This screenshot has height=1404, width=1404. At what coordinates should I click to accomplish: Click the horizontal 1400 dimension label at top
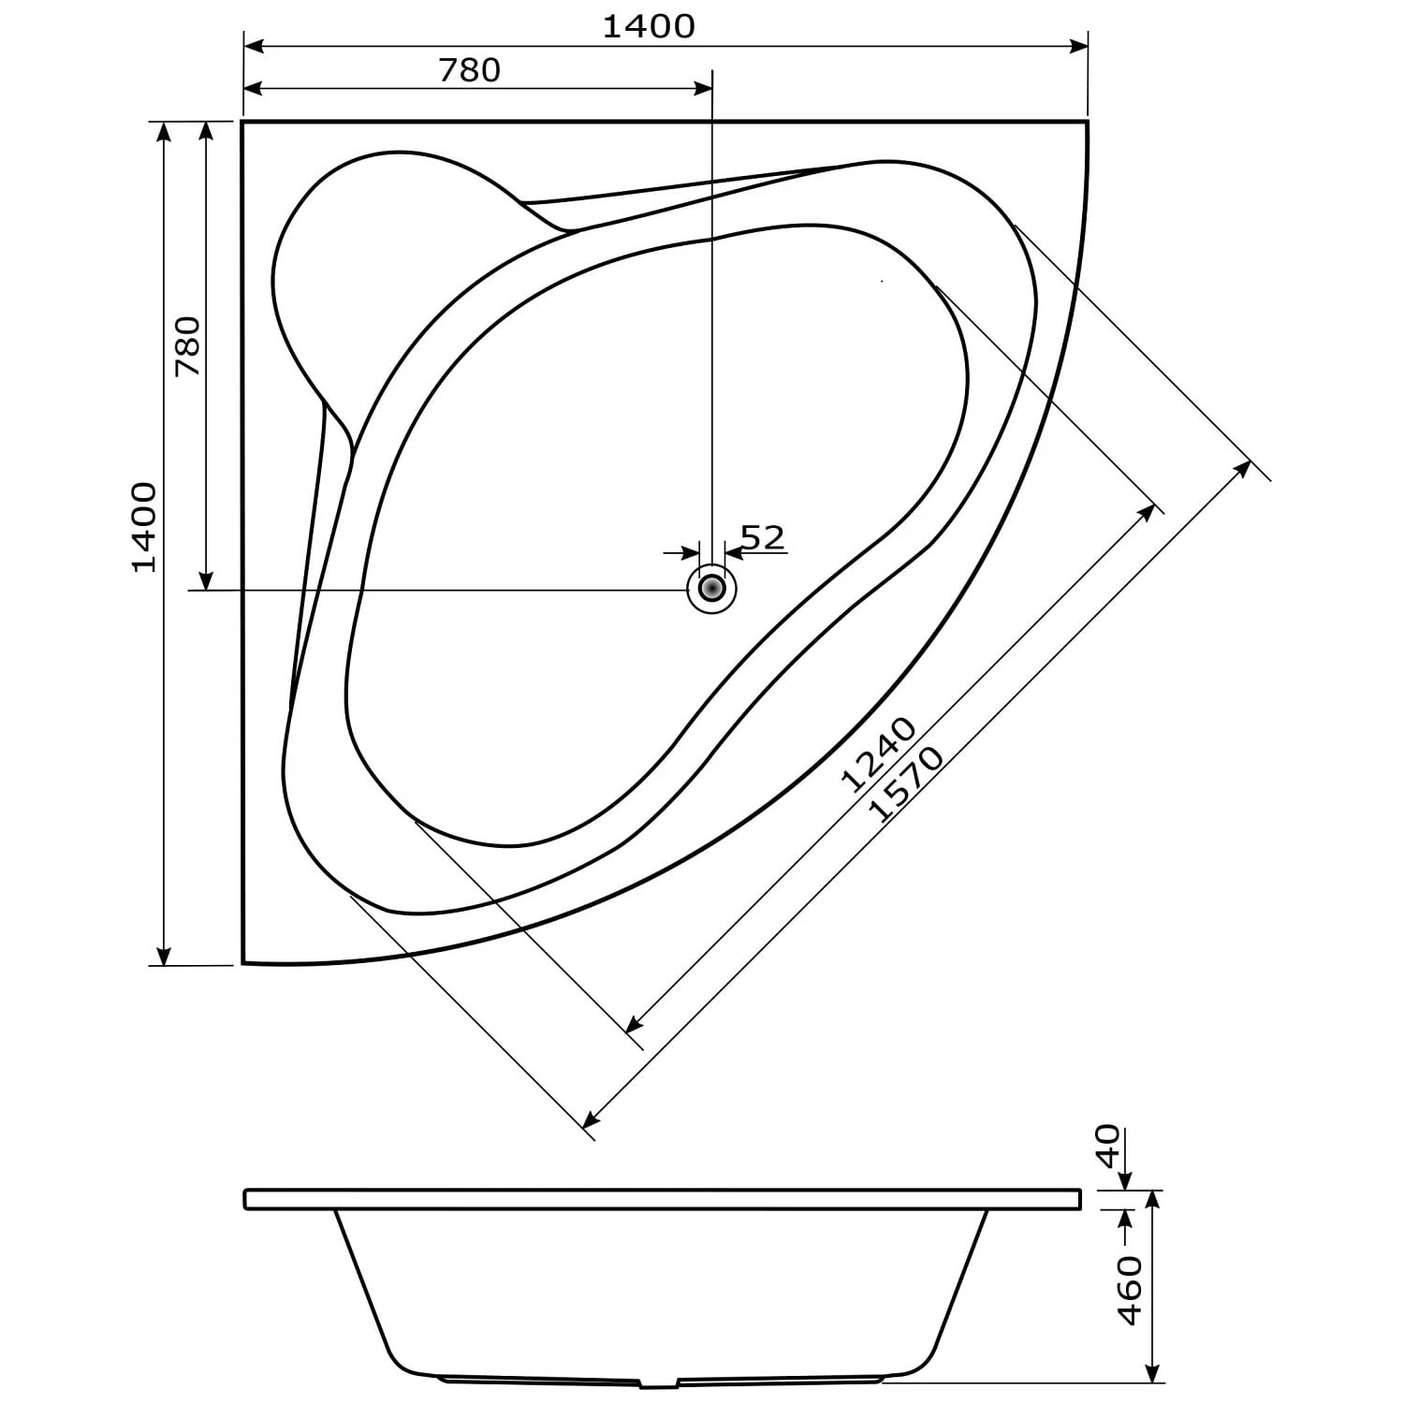click(648, 26)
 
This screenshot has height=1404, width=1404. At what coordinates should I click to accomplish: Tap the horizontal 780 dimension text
click(469, 70)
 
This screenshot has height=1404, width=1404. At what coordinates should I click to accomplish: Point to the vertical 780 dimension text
click(188, 346)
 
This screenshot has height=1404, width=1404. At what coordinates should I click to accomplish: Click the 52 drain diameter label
click(762, 537)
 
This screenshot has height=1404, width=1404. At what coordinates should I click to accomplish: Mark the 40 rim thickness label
click(1108, 1146)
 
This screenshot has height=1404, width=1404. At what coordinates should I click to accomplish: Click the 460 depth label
click(1131, 1291)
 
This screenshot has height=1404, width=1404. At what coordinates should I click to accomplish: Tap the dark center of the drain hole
click(712, 589)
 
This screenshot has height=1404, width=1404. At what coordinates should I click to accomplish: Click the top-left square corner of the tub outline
click(242, 122)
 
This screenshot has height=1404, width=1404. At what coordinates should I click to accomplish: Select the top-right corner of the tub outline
click(1088, 122)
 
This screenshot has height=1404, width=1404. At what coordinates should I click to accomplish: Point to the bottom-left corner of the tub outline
click(243, 961)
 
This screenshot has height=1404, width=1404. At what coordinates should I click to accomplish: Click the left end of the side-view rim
click(246, 1199)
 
